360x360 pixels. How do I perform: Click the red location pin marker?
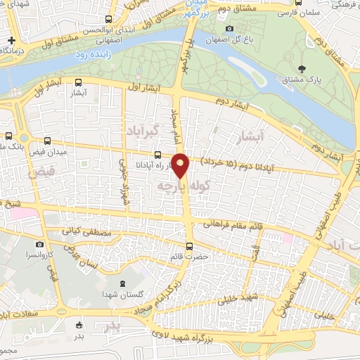click(x=181, y=166)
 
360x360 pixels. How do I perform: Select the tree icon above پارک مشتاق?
click(x=302, y=68)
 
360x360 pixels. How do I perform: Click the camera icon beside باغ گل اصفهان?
click(x=229, y=29)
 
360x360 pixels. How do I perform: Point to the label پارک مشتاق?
click(x=302, y=80)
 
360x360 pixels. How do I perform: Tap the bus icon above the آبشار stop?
click(x=78, y=81)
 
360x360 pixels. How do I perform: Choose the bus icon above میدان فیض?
click(x=47, y=141)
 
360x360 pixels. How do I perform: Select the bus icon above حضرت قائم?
click(x=188, y=246)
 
